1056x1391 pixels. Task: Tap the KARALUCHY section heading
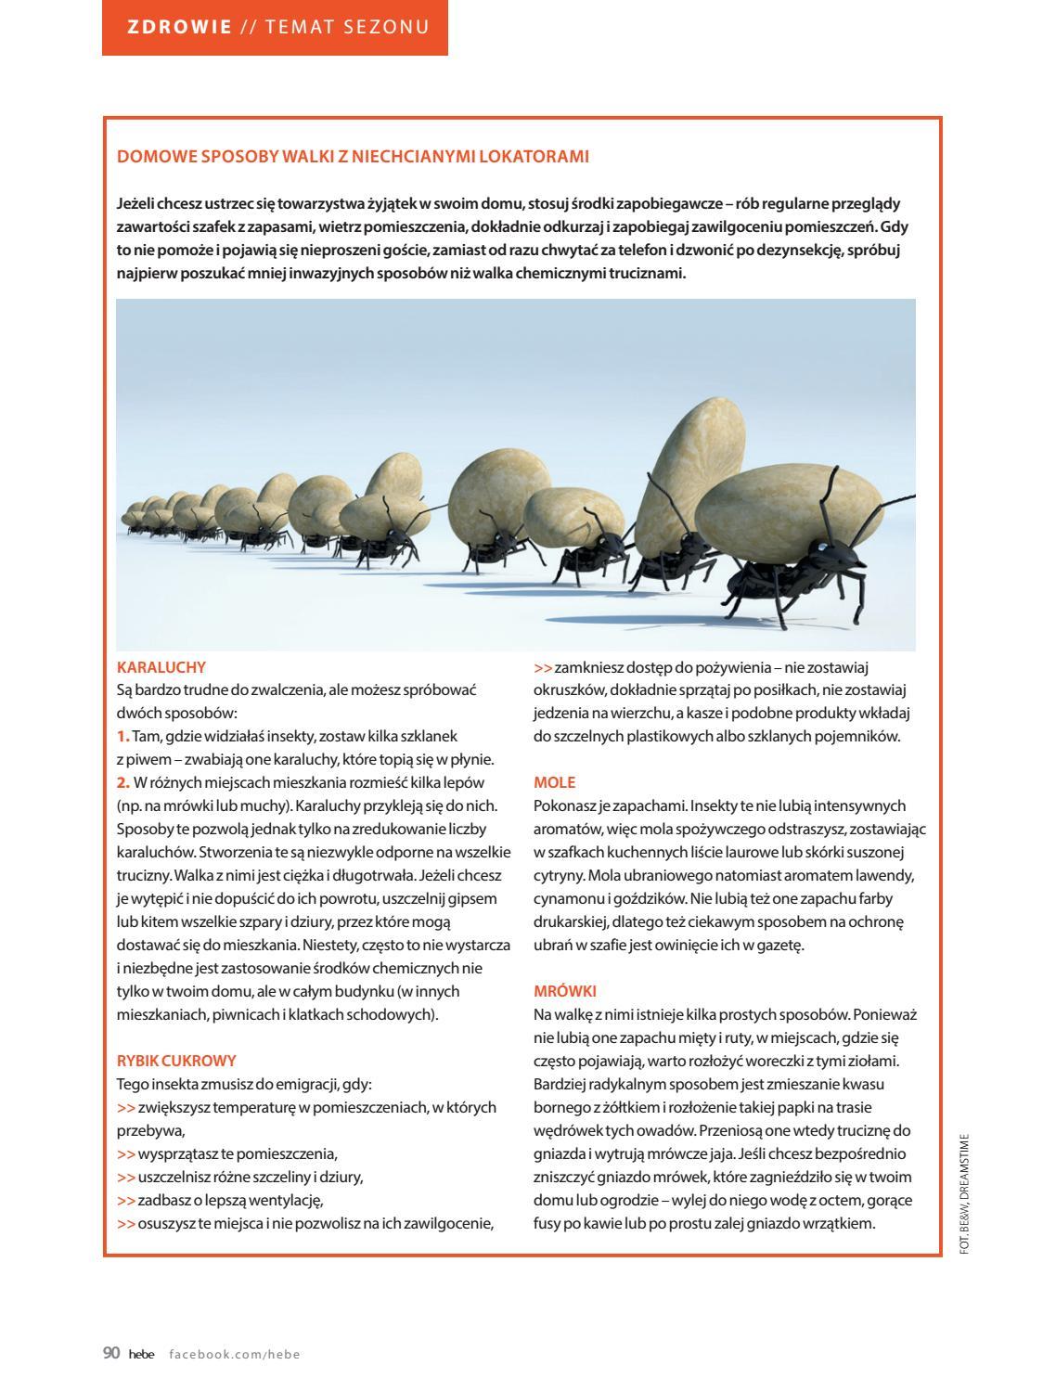tap(161, 666)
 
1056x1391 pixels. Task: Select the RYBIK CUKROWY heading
tap(176, 1061)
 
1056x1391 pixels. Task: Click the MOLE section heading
tap(555, 782)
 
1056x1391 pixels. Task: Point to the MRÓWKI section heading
tap(565, 991)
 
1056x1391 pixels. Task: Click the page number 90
tap(111, 1354)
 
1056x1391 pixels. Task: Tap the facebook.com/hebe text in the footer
tap(235, 1354)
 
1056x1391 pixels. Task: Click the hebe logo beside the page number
tap(142, 1354)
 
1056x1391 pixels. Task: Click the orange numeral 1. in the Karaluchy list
tap(123, 736)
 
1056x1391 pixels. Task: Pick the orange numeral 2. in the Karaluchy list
tap(123, 782)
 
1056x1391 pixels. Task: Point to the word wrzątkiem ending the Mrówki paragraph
tap(843, 1223)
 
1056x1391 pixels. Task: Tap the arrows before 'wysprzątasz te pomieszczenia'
tap(126, 1154)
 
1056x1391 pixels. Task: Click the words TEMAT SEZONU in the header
tap(347, 27)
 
